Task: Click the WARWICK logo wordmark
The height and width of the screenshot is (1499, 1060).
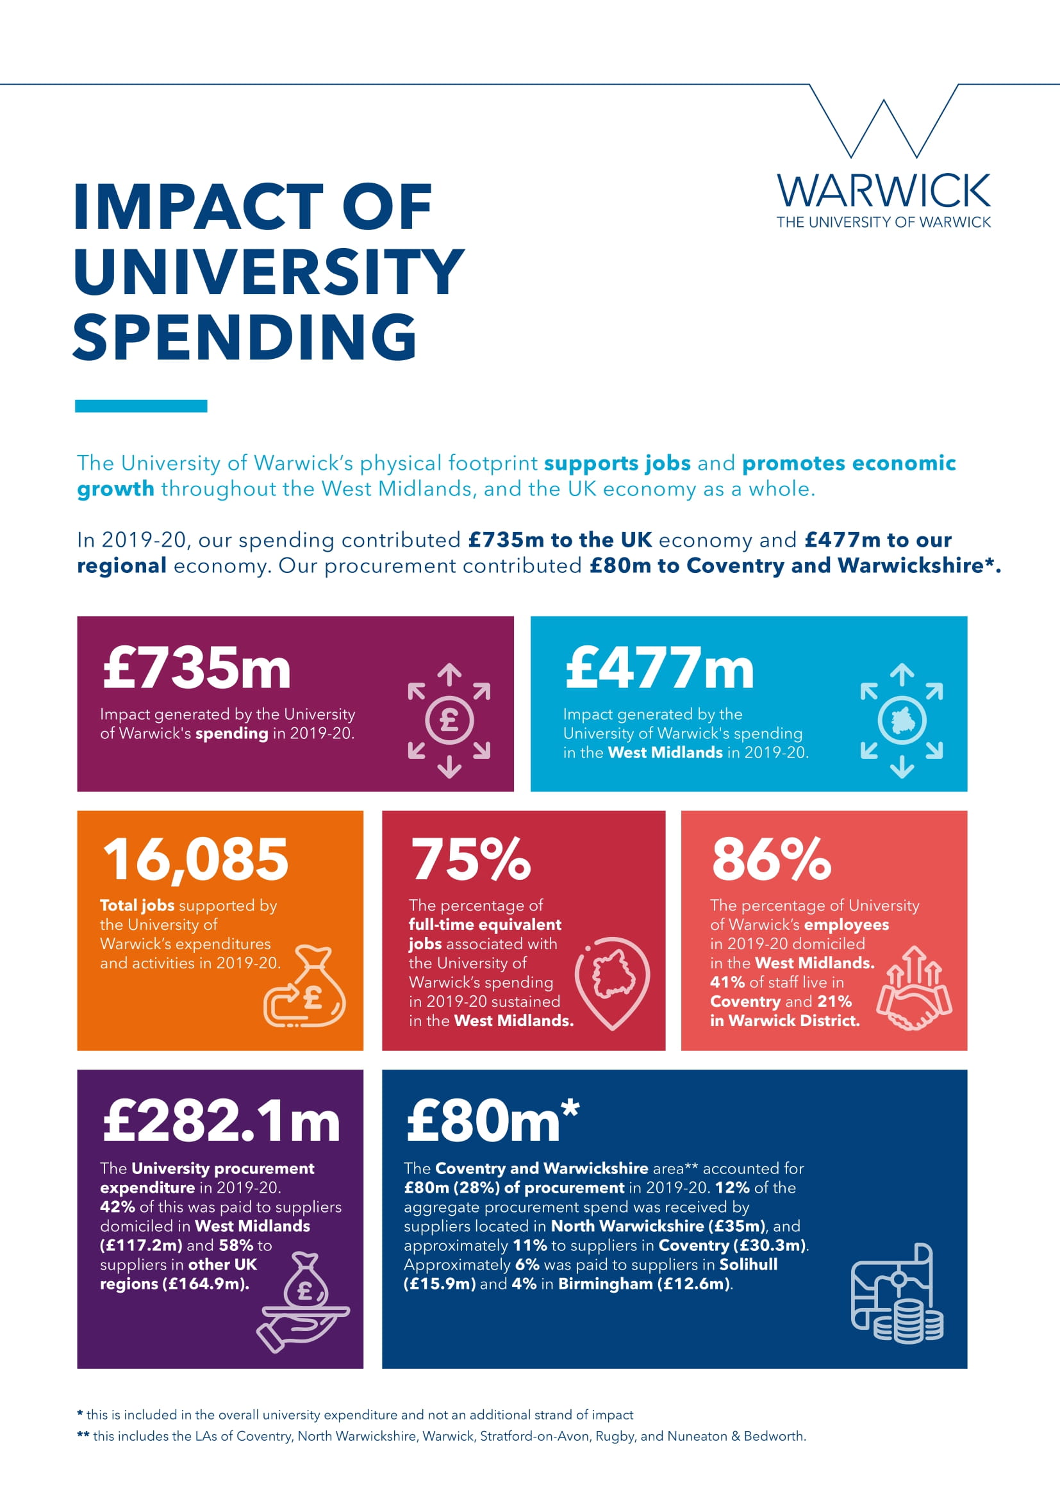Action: click(x=883, y=190)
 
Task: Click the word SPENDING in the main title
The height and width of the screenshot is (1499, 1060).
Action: click(x=245, y=337)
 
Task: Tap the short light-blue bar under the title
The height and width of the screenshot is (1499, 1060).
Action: click(x=141, y=406)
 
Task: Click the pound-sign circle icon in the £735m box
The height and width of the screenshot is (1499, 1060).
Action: click(x=449, y=721)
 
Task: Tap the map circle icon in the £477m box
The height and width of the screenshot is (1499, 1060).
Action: click(x=902, y=721)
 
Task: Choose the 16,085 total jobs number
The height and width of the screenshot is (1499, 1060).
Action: click(x=195, y=859)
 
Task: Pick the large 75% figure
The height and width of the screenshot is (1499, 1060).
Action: click(x=470, y=859)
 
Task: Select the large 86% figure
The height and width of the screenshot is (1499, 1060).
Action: click(x=772, y=859)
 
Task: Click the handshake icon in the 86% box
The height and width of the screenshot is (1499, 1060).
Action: click(x=915, y=988)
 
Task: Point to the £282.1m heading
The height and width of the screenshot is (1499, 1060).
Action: click(x=221, y=1120)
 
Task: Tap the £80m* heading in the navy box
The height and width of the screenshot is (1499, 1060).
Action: click(x=493, y=1120)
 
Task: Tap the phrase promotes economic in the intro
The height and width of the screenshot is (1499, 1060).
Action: click(x=849, y=463)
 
